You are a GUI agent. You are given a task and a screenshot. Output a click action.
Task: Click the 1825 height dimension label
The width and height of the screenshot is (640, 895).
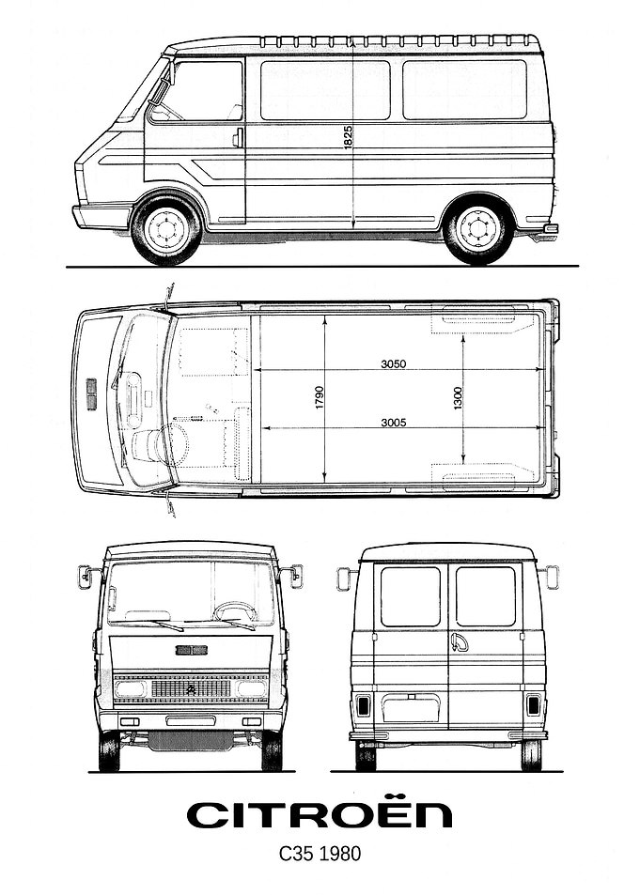349,137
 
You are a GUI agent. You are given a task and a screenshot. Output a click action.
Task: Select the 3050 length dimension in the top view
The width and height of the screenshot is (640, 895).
393,363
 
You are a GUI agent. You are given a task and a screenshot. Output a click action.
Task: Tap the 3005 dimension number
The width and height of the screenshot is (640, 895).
394,423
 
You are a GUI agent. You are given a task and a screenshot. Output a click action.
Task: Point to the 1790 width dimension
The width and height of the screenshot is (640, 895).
319,397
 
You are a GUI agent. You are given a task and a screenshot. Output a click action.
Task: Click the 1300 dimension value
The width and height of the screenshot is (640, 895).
458,398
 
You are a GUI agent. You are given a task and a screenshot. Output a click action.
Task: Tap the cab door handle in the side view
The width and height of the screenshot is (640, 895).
237,137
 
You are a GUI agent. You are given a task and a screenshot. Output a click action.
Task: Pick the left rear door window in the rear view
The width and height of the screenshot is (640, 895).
411,596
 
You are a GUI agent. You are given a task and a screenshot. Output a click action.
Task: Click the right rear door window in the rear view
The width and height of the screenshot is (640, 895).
486,596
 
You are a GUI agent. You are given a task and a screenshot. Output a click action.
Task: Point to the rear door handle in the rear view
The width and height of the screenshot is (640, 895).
460,642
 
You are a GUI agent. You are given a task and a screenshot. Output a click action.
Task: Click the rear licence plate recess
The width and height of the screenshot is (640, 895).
411,709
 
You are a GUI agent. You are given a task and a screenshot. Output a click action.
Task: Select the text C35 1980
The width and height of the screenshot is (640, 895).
320,854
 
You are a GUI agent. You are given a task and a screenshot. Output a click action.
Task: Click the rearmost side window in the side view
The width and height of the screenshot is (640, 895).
464,89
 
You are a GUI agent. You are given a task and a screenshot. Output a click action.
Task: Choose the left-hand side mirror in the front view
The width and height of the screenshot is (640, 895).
86,577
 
